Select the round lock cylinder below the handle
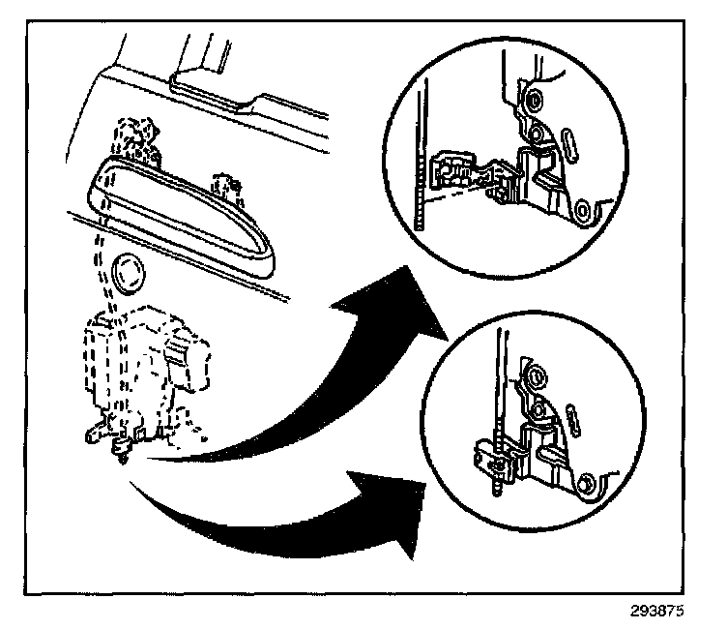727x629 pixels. [x=125, y=274]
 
